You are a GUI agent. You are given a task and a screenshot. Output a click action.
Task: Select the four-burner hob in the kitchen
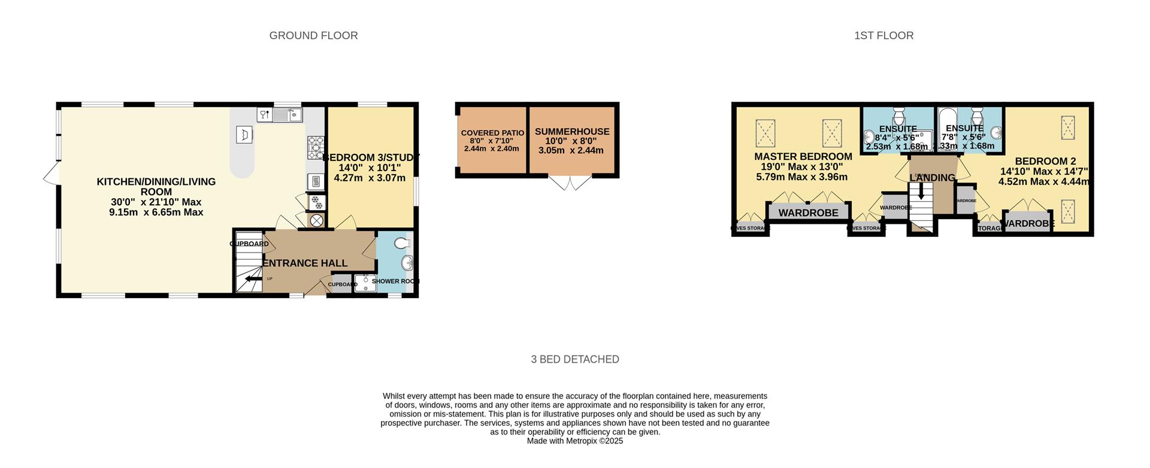coord(315,147)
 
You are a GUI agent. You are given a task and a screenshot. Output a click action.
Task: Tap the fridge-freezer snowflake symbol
coord(316,203)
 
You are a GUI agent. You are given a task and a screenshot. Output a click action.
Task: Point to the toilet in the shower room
coord(402,242)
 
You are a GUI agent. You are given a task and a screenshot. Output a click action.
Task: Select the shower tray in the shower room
coord(364,283)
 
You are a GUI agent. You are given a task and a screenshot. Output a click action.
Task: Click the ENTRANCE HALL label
coord(305,263)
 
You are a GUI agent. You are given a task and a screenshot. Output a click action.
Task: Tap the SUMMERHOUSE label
coord(572,132)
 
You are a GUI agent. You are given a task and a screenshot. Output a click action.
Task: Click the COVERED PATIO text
coord(492,133)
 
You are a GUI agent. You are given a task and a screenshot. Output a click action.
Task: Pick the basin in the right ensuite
coord(995,132)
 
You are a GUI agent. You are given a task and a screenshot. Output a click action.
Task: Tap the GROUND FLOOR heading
coord(313,35)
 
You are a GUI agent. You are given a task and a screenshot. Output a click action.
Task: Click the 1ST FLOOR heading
coord(883,35)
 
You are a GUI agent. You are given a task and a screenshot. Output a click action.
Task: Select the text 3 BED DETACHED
coord(575,359)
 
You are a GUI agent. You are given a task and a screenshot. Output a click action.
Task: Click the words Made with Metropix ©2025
coord(575,441)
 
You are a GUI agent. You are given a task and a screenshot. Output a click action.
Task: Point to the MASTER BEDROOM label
coord(803,157)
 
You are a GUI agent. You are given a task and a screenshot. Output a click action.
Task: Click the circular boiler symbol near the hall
coord(316,221)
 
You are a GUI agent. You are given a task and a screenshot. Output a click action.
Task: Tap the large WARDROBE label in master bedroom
coord(808,213)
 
